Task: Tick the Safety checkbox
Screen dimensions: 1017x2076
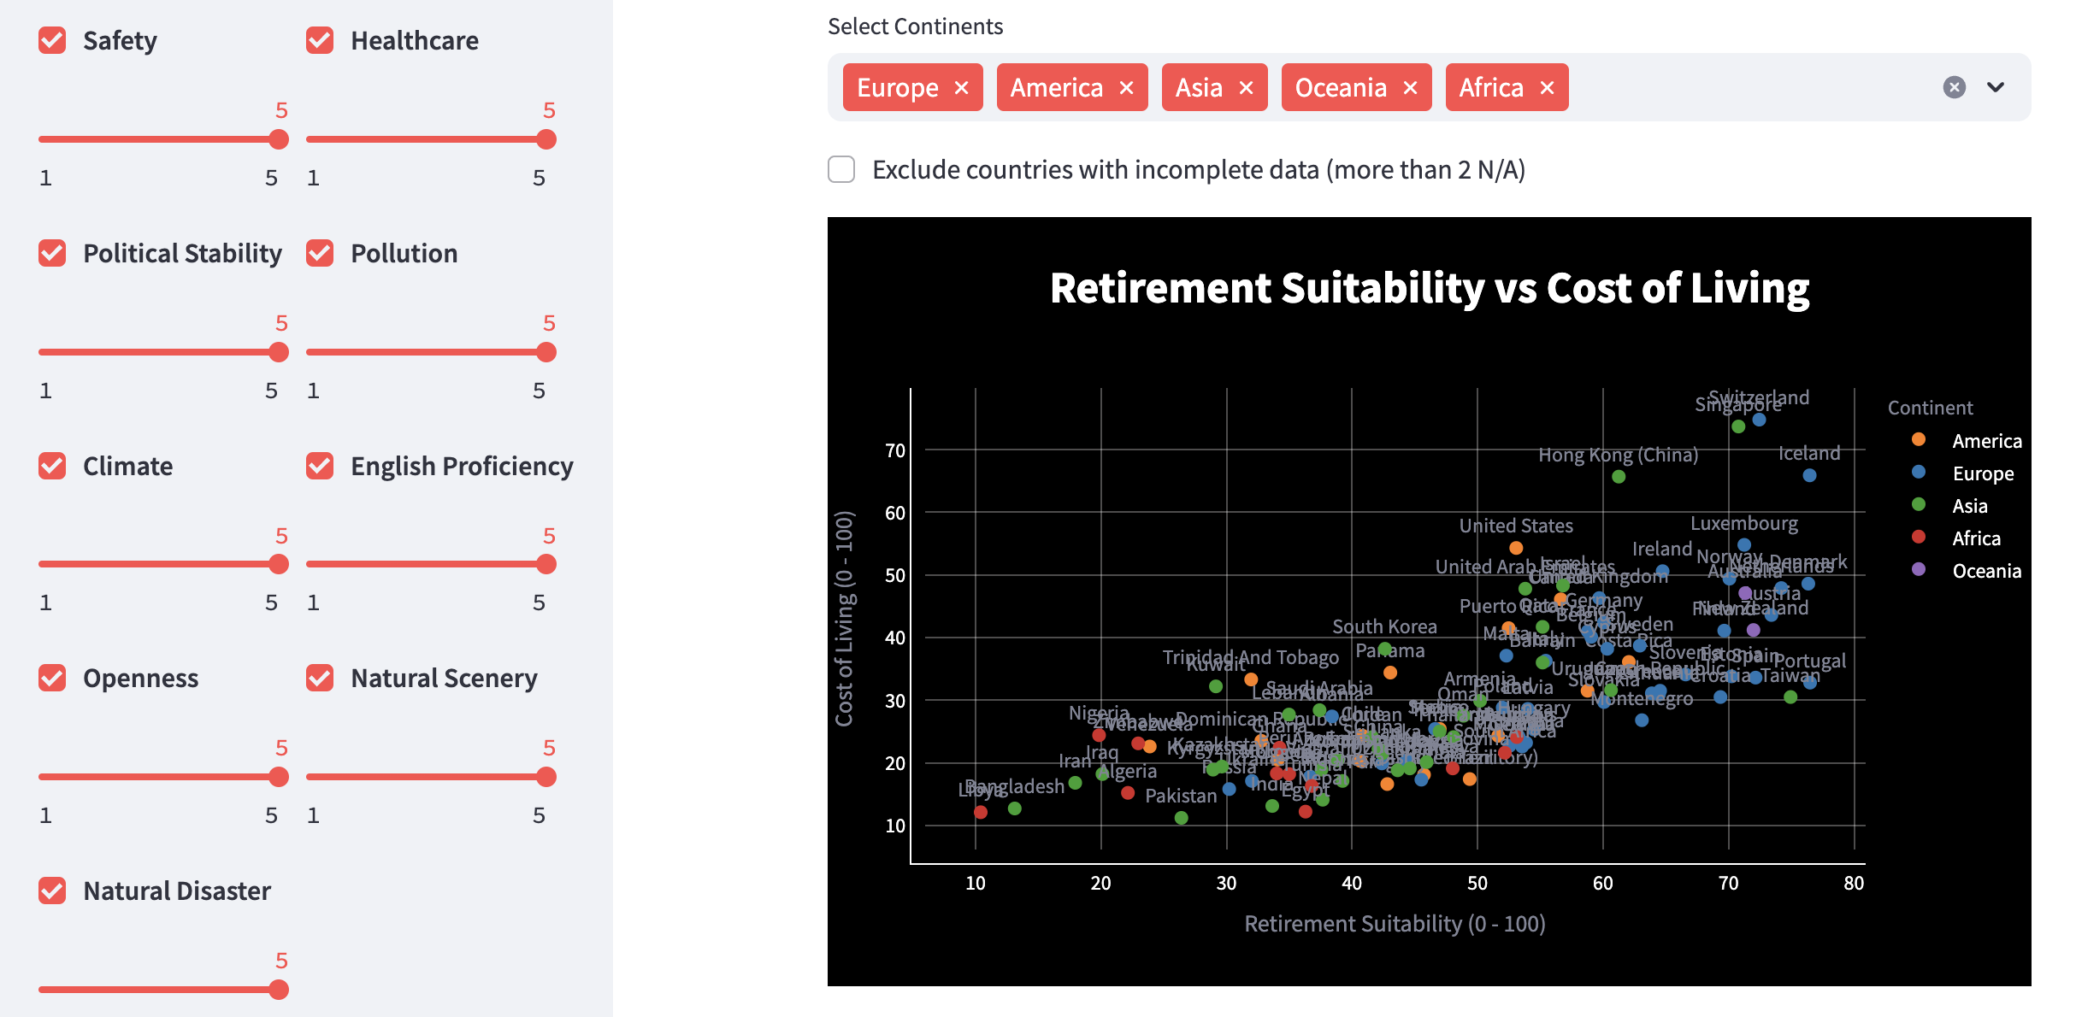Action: [52, 40]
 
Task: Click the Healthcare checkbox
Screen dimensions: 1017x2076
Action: [320, 40]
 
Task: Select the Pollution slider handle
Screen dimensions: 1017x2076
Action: [546, 352]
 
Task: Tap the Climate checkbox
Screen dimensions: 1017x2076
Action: [52, 466]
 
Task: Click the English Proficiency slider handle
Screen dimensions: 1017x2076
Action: [546, 564]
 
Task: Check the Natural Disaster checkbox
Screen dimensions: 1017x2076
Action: [52, 891]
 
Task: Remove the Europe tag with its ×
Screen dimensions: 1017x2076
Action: [962, 88]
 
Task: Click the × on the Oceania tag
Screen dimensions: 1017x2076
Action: [1411, 88]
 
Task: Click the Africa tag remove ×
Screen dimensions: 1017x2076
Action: [1547, 88]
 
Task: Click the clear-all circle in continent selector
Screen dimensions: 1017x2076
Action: [1954, 87]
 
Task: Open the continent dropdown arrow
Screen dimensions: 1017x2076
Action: [1996, 87]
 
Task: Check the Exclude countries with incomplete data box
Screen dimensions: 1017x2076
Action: [841, 169]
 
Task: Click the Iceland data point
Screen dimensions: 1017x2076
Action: [1809, 475]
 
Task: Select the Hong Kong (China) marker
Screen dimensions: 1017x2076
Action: [1619, 477]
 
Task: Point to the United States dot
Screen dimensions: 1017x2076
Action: [1516, 548]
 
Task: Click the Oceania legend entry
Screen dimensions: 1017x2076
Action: [1985, 571]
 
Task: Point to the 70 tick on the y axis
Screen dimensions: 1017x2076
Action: [894, 450]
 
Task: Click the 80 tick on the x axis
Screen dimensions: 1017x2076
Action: [1853, 883]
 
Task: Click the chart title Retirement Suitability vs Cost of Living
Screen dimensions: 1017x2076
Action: [1429, 288]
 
